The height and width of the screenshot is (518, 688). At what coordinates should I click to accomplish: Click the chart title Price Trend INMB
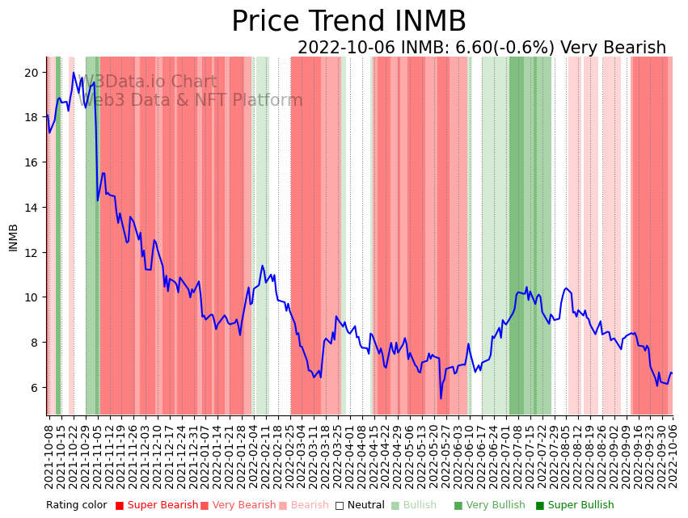(348, 22)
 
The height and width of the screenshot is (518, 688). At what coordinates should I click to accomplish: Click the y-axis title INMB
(13, 238)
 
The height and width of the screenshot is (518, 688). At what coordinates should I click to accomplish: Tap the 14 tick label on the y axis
(32, 208)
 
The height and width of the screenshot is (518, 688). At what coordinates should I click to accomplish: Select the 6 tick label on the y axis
(35, 388)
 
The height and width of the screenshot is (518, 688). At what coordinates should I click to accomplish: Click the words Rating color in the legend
(76, 505)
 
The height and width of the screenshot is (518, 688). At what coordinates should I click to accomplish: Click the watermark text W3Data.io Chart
(150, 82)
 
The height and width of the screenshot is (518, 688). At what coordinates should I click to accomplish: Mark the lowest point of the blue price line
(441, 398)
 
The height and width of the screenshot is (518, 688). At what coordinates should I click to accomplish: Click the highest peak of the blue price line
(74, 73)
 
